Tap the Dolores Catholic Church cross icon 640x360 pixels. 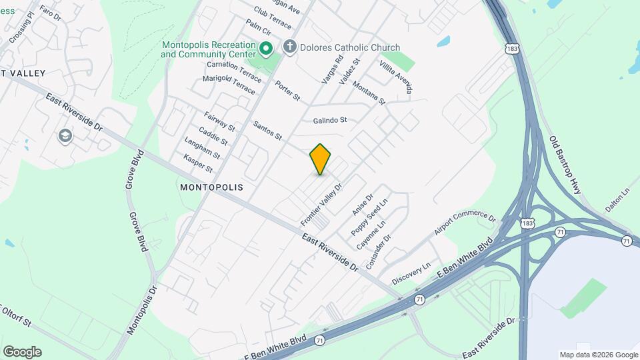289,47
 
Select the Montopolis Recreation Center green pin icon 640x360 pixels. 265,48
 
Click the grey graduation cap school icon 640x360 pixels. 65,137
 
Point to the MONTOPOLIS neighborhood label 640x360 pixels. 211,188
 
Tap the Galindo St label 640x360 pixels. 331,121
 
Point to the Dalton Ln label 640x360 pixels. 617,199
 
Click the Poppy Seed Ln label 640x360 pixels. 369,216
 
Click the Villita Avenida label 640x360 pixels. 396,75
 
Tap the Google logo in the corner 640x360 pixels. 22,352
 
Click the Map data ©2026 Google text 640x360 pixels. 598,355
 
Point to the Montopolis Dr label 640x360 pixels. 141,311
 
